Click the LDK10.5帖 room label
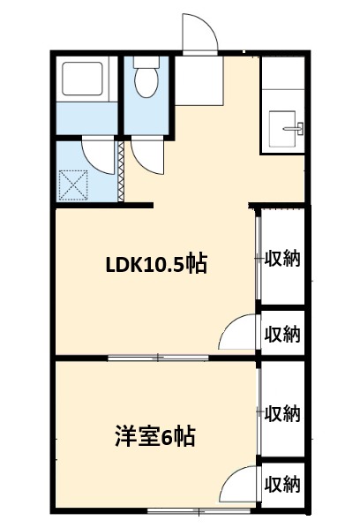[x=156, y=264]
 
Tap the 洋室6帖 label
[x=154, y=435]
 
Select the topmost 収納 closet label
[x=282, y=259]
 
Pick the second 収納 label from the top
[x=282, y=334]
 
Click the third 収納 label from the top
[x=282, y=412]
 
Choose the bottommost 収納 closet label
[x=282, y=484]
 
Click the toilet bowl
[x=145, y=80]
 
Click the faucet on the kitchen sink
[x=296, y=129]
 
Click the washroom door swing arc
[x=99, y=154]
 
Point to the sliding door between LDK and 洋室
[x=159, y=357]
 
